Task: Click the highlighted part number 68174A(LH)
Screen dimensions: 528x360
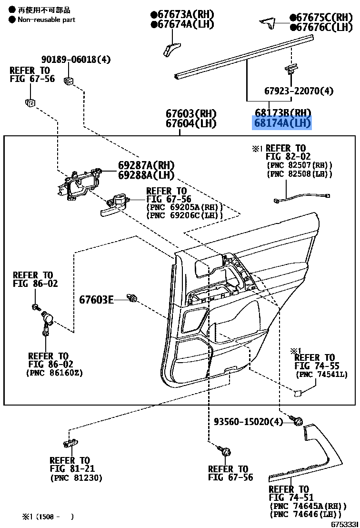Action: (x=282, y=123)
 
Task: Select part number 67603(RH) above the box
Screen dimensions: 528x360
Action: (x=191, y=113)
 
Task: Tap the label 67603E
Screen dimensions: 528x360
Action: (x=96, y=300)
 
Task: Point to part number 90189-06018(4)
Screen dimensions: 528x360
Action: (x=76, y=60)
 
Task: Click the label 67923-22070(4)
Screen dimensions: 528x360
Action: (x=299, y=90)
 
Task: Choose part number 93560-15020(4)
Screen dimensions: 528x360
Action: (x=248, y=422)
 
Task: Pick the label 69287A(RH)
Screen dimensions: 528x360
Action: (x=146, y=165)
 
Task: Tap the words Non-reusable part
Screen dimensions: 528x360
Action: (x=46, y=20)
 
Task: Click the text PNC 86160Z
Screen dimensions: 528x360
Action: (x=54, y=373)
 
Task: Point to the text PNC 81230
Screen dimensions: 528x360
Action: (x=76, y=478)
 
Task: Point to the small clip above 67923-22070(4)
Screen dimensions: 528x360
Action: (x=289, y=70)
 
